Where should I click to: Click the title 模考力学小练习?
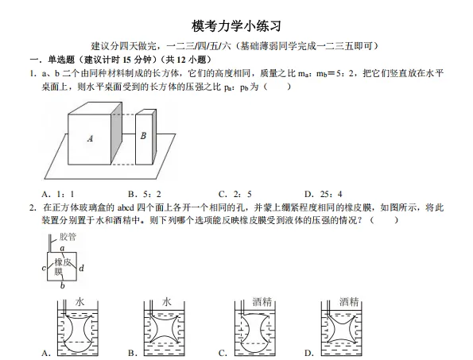[237, 26]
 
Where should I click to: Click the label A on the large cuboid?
[90, 138]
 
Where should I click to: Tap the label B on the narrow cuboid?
[143, 136]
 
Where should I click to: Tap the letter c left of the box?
[44, 269]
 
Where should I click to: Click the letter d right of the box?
[81, 269]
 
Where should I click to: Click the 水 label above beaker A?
[80, 302]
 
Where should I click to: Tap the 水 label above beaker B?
[167, 302]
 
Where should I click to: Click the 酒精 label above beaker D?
[348, 302]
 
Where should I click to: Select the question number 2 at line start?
[33, 207]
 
